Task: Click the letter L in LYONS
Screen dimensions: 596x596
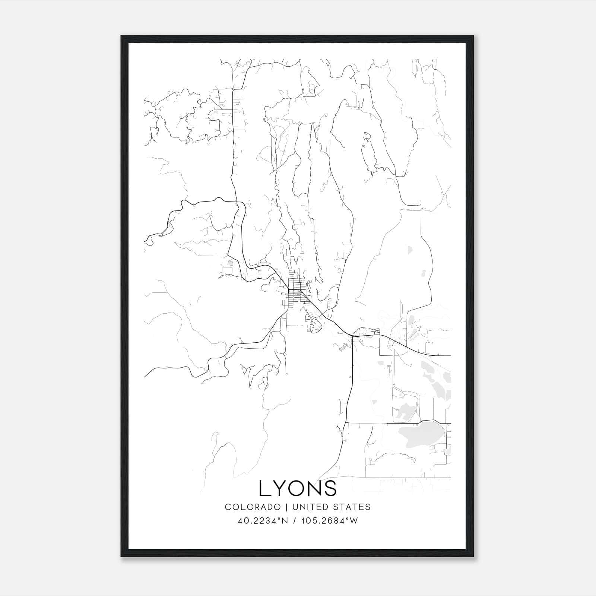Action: tap(265, 488)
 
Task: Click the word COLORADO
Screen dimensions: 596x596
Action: tap(253, 507)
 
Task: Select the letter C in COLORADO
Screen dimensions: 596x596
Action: tap(228, 507)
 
